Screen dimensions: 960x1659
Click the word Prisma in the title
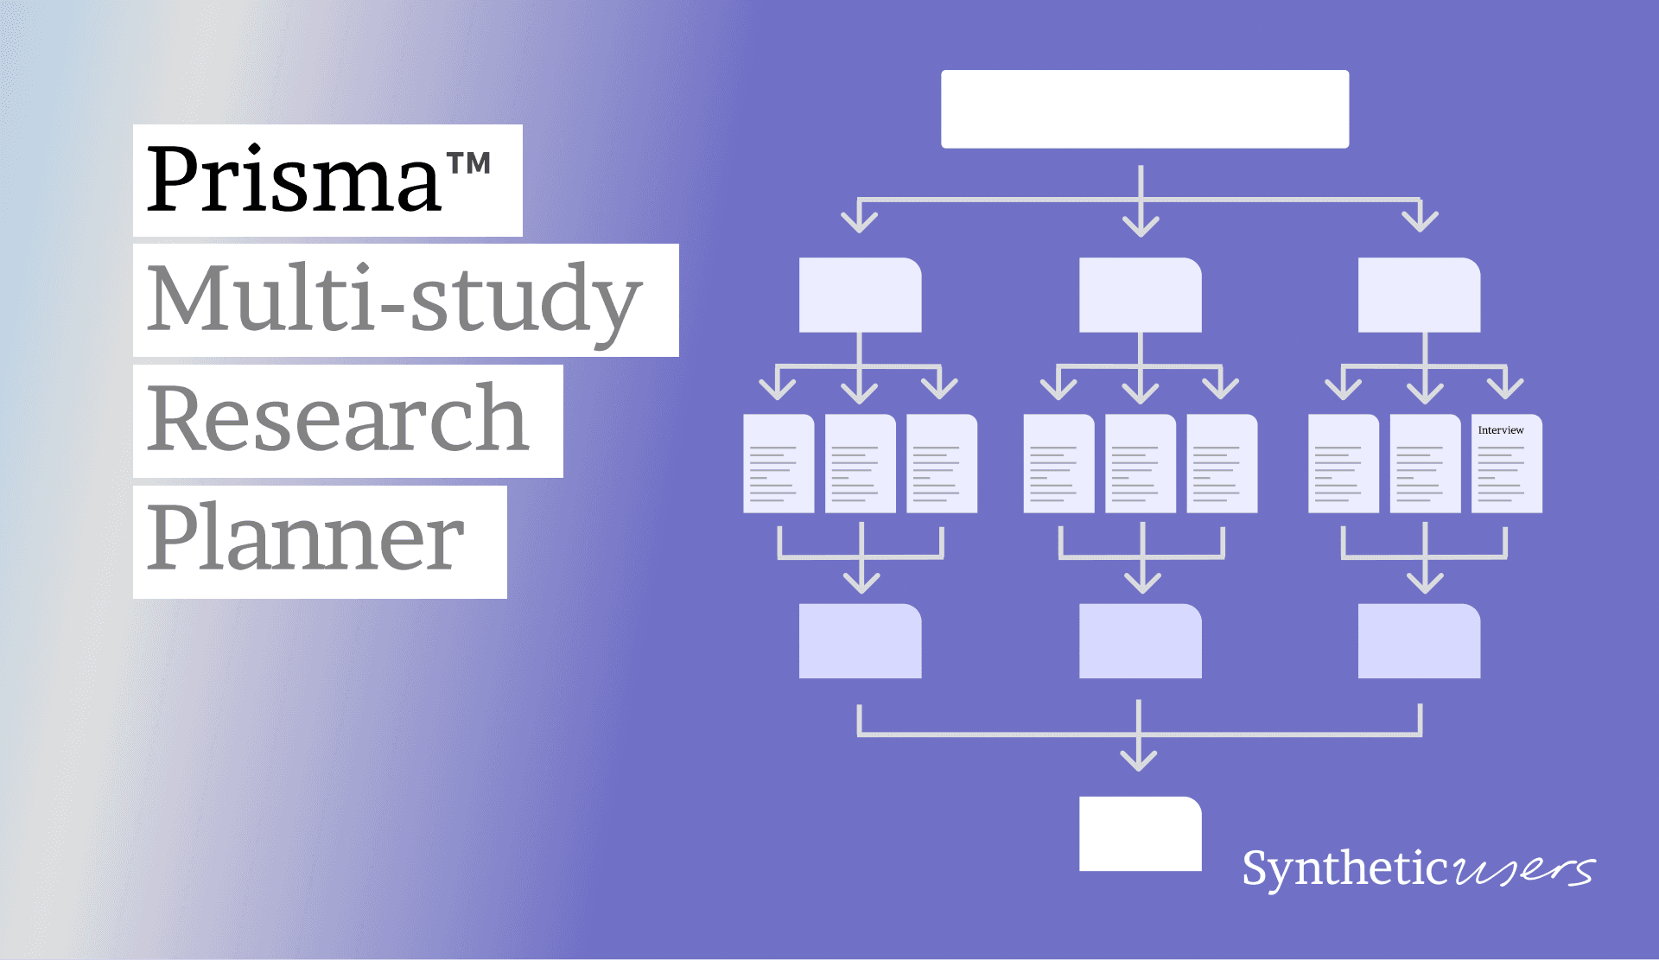pyautogui.click(x=294, y=180)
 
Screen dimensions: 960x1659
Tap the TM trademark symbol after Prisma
pyautogui.click(x=469, y=164)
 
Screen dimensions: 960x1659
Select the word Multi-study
pyautogui.click(x=394, y=301)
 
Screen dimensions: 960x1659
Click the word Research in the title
pyautogui.click(x=337, y=420)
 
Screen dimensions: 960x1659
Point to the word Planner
pyautogui.click(x=306, y=539)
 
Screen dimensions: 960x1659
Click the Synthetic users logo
pyautogui.click(x=1417, y=868)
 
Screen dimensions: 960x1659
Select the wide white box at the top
pyautogui.click(x=1145, y=109)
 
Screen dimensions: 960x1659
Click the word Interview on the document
pyautogui.click(x=1501, y=430)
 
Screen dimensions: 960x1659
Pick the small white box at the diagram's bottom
pyautogui.click(x=1140, y=833)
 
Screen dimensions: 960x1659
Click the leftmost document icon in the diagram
pyautogui.click(x=779, y=464)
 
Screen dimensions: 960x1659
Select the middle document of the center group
pyautogui.click(x=1140, y=464)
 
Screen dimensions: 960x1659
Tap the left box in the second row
pyautogui.click(x=860, y=295)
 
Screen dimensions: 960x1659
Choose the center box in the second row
pyautogui.click(x=1140, y=295)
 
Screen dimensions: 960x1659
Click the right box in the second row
pyautogui.click(x=1419, y=295)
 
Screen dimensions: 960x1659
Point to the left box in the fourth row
pyautogui.click(x=860, y=640)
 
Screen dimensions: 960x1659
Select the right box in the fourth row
pyautogui.click(x=1419, y=640)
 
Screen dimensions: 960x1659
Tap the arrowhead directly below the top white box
pyautogui.click(x=1141, y=225)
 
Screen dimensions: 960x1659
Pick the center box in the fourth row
pyautogui.click(x=1140, y=640)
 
